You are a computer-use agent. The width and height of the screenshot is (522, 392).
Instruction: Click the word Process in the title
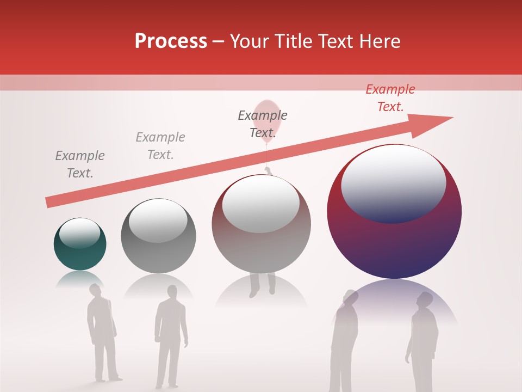point(171,41)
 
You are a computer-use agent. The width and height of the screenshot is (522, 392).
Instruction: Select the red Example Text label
point(390,98)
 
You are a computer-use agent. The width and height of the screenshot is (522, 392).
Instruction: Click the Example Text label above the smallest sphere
point(80,164)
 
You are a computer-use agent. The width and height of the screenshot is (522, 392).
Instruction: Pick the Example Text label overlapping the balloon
point(263,124)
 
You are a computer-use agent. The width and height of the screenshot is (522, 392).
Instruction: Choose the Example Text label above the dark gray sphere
point(160,146)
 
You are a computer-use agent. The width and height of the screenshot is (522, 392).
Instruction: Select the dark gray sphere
point(158,245)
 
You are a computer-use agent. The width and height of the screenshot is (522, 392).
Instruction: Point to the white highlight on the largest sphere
point(393,182)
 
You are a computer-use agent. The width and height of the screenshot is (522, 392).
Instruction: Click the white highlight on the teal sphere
point(79,233)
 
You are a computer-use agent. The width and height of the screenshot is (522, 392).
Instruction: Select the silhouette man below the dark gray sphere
point(170,335)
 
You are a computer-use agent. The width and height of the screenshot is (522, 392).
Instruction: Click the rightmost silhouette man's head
point(425,299)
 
